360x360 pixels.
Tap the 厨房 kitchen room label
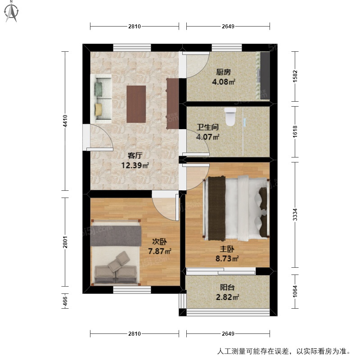click(x=223, y=72)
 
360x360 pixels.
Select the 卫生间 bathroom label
click(x=207, y=127)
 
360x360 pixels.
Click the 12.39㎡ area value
click(x=135, y=165)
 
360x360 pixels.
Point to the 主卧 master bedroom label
click(x=227, y=249)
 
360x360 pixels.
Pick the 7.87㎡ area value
click(x=160, y=251)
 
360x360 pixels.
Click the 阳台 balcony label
click(x=227, y=288)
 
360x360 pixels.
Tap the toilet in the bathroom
click(x=230, y=117)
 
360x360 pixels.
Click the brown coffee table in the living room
click(x=136, y=104)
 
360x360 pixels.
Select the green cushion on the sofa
click(x=99, y=89)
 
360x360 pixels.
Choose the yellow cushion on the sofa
click(x=99, y=110)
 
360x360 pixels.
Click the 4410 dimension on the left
click(x=65, y=121)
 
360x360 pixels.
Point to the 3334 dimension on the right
click(x=295, y=215)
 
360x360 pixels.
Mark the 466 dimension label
click(x=65, y=301)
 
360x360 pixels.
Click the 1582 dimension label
click(x=295, y=76)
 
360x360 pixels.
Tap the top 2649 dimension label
click(x=228, y=27)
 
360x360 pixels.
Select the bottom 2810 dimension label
click(x=135, y=333)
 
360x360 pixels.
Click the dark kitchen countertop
click(x=265, y=76)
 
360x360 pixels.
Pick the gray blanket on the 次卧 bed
click(x=116, y=236)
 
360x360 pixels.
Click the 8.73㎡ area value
click(x=227, y=259)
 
